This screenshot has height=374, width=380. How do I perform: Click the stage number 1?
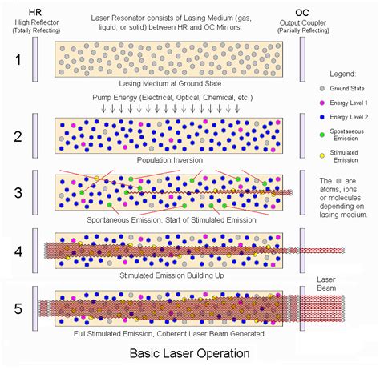[x=17, y=60]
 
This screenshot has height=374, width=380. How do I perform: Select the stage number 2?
[x=17, y=134]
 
